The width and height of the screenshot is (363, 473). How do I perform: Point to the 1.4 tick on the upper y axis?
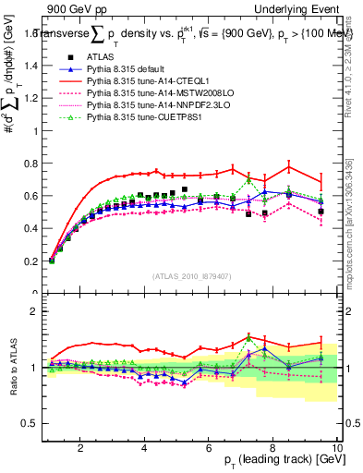[x=34, y=66]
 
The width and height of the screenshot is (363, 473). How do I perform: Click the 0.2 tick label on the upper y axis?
[x=34, y=261]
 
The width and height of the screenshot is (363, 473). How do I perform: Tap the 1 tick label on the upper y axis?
[x=39, y=131]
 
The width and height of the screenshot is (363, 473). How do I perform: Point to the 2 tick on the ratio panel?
[x=39, y=311]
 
